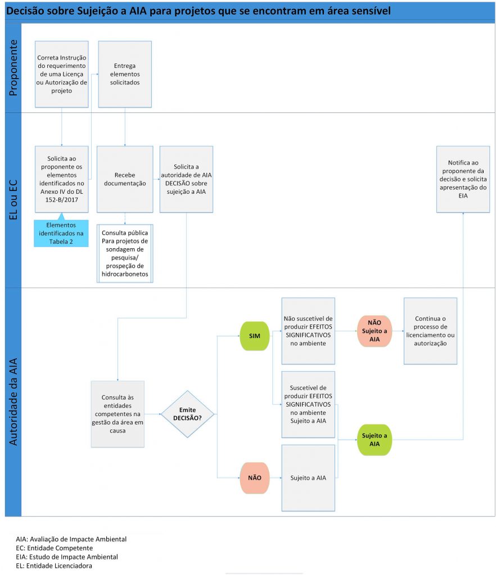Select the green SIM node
[254, 336]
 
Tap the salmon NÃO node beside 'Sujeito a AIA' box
[254, 478]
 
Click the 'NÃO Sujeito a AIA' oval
[374, 331]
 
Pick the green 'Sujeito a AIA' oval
[374, 439]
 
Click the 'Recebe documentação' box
[125, 179]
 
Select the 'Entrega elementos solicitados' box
[125, 74]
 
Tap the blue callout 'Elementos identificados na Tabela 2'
[61, 232]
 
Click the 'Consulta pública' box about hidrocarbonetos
[125, 253]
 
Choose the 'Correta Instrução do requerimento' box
[61, 74]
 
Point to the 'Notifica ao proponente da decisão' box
[463, 179]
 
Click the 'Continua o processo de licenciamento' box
[430, 331]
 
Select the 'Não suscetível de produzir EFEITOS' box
[308, 331]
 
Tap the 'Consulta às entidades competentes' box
[118, 414]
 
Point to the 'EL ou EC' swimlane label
[13, 200]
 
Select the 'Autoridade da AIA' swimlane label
[13, 402]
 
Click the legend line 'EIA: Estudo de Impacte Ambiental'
[67, 556]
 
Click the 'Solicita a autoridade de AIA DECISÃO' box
[186, 179]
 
